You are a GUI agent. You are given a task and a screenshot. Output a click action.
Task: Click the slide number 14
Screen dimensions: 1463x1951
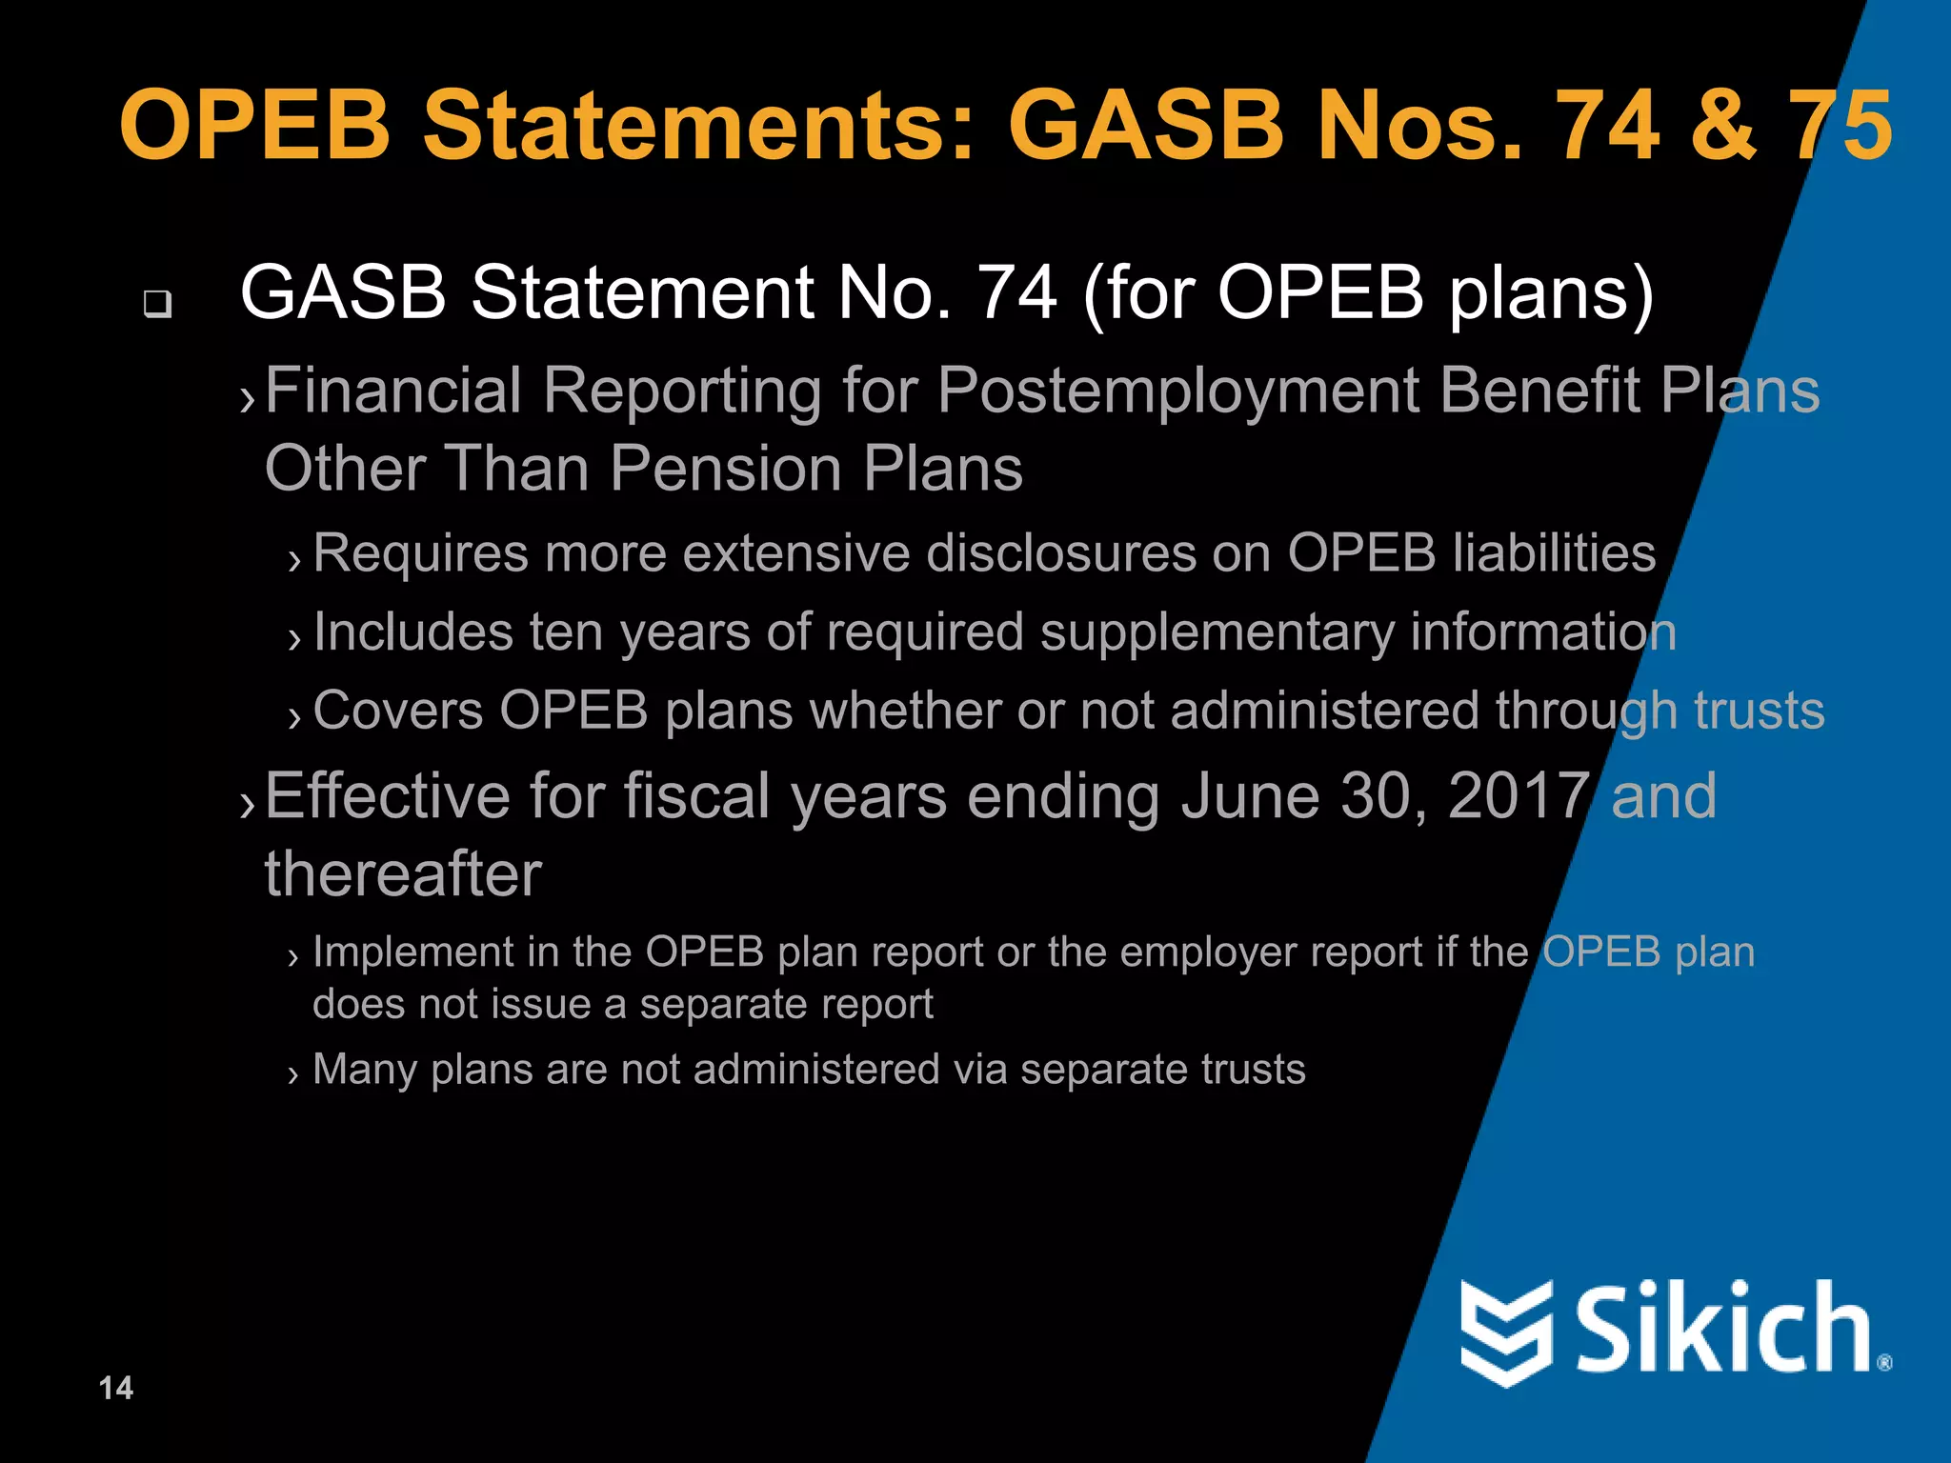[x=116, y=1388]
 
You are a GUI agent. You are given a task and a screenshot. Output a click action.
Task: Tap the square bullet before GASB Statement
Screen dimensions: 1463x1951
[x=157, y=304]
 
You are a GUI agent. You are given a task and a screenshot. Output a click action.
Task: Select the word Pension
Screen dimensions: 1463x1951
[x=726, y=469]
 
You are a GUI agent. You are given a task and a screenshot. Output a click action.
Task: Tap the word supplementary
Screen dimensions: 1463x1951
[x=1217, y=632]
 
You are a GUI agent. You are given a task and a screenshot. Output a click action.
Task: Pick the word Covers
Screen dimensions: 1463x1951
[x=398, y=711]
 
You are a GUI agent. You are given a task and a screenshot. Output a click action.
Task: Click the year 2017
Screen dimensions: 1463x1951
[x=1519, y=795]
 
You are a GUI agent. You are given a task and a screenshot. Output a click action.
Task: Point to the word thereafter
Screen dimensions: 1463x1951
[x=403, y=874]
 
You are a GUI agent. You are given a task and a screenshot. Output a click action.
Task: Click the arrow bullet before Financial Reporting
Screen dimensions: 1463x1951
[x=248, y=399]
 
